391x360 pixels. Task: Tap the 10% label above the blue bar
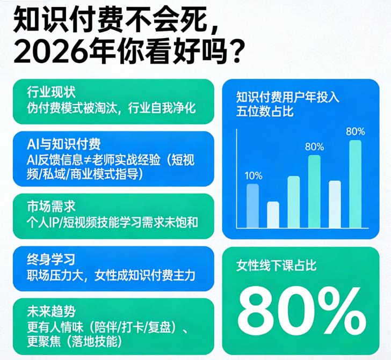[253, 175]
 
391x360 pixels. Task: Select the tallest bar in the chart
[356, 183]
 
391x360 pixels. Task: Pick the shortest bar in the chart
[273, 214]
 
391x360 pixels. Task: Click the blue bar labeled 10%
[252, 205]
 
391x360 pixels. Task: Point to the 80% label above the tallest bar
[356, 131]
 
